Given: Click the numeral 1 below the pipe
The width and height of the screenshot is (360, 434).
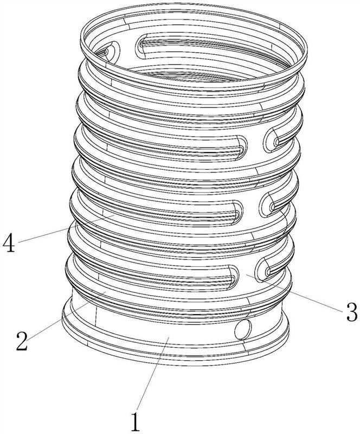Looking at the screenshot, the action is [x=135, y=420].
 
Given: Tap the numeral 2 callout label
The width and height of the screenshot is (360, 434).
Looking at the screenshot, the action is [x=22, y=341].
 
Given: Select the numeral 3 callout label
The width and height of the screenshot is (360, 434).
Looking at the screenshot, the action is [x=351, y=311].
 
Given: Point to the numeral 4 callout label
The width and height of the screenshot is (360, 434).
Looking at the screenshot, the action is [x=9, y=242].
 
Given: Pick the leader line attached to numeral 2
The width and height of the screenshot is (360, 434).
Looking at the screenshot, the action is [x=66, y=314].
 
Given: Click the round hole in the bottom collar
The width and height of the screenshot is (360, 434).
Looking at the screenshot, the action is [x=243, y=329].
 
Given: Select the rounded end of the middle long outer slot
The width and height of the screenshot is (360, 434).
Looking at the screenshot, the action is [x=237, y=212].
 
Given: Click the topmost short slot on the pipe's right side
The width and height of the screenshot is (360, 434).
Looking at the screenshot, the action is [x=277, y=138].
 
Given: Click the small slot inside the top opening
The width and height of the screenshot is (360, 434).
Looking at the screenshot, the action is [x=111, y=50].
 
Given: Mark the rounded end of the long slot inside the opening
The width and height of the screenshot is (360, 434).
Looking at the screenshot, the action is [x=142, y=46].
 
